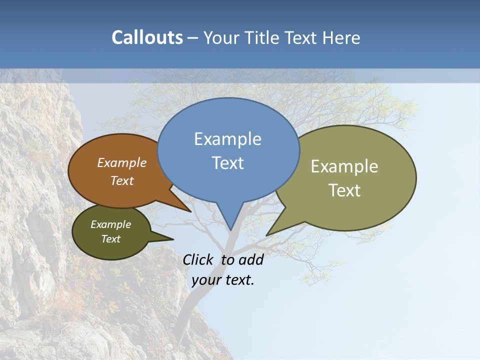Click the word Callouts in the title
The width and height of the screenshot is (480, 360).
pos(147,37)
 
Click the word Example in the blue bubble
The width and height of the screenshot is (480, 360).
pos(227,139)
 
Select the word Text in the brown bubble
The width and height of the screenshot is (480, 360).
pos(122,180)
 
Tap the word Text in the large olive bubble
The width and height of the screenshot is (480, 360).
pos(344,190)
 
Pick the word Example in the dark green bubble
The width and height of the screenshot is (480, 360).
pos(110,224)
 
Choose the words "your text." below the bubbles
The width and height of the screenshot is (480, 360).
pos(223,280)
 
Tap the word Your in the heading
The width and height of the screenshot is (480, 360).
pos(219,37)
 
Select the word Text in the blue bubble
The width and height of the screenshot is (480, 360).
pos(227,163)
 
